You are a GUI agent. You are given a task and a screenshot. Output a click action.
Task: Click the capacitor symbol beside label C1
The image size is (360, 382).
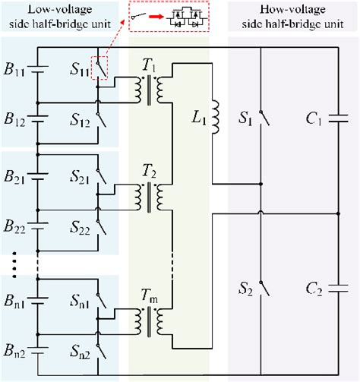click(x=339, y=118)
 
